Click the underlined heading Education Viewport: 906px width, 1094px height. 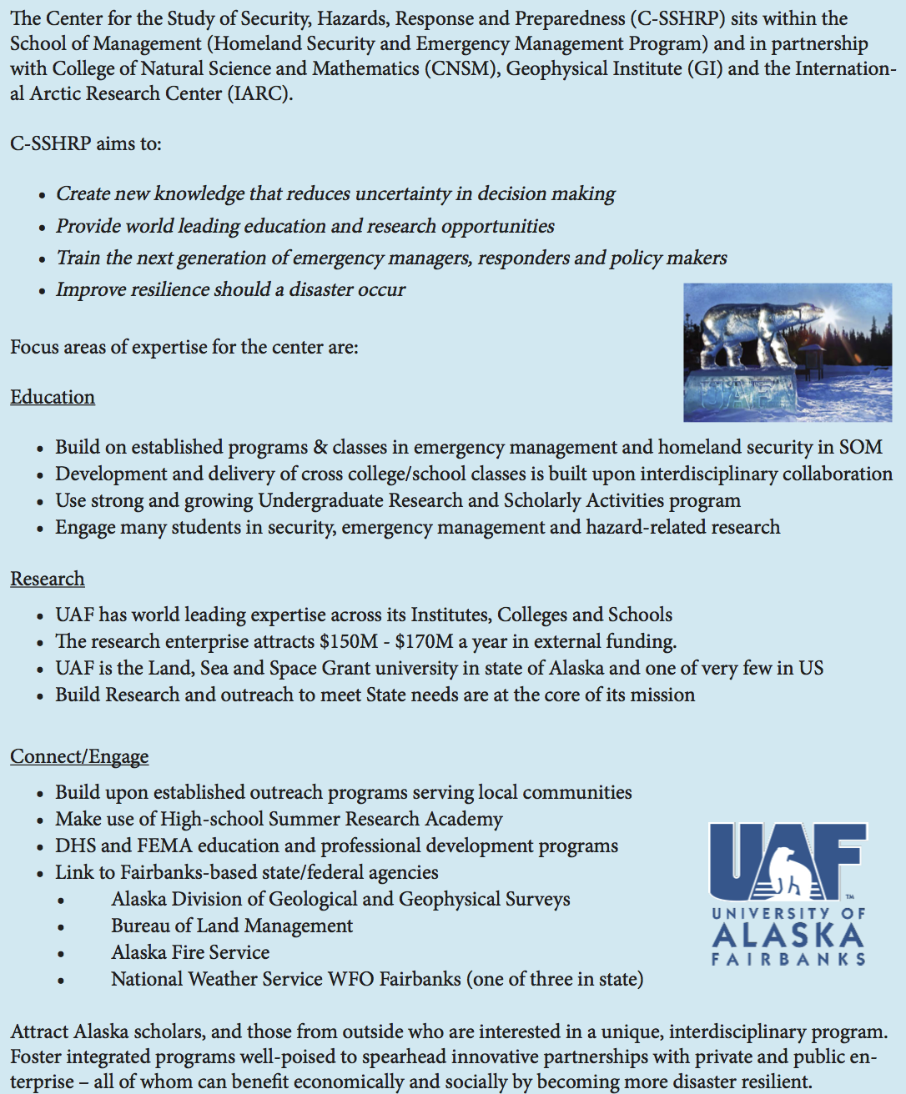(53, 397)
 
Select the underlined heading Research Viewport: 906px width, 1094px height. (48, 579)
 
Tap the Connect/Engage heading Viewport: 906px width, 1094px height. (79, 756)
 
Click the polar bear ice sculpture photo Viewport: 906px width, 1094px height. (787, 352)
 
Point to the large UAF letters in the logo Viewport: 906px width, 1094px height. (787, 861)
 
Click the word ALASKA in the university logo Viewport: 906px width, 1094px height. (788, 935)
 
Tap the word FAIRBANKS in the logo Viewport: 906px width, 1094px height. (788, 960)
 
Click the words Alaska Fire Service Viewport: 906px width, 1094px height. (190, 952)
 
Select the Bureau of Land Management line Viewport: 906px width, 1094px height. (232, 926)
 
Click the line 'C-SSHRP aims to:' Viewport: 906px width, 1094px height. (86, 143)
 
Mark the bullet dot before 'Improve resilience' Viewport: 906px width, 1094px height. (42, 291)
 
